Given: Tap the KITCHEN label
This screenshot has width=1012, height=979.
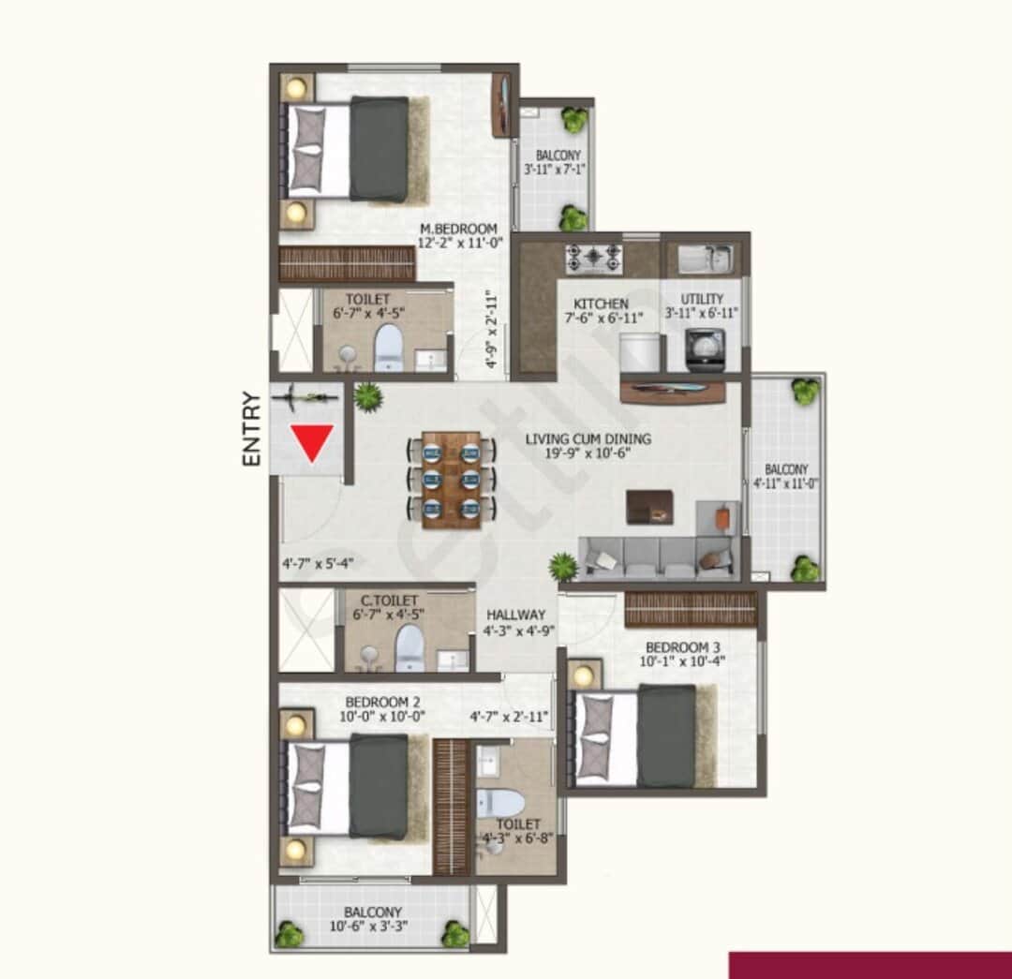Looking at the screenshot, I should point(601,304).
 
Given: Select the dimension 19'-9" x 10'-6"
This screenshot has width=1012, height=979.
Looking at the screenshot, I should point(588,453).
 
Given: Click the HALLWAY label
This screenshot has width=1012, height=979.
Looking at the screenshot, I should point(514,615).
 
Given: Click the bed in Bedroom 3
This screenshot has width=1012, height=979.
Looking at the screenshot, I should point(647,736).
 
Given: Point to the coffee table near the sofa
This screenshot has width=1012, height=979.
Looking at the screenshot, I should point(648,506).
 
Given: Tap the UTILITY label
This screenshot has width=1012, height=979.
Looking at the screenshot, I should point(702,299).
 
